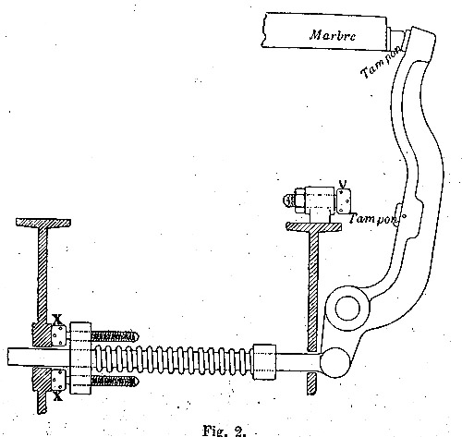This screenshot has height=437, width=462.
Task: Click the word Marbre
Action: (x=333, y=35)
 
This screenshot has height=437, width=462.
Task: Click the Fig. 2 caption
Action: (x=225, y=431)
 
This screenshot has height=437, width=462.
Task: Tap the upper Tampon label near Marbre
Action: (x=381, y=63)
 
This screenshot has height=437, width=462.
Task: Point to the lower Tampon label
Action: (x=373, y=219)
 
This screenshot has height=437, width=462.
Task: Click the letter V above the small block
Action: (x=343, y=184)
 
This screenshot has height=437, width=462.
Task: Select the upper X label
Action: (x=57, y=320)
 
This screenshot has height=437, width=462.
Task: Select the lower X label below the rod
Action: (x=57, y=396)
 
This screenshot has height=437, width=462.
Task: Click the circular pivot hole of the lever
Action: (x=347, y=309)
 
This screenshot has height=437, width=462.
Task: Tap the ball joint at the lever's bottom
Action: (x=334, y=362)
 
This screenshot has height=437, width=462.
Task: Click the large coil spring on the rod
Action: (x=173, y=359)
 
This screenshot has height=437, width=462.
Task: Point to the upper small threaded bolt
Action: (x=115, y=336)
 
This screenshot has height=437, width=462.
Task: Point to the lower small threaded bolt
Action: (x=115, y=382)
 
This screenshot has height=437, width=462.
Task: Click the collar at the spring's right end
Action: (x=264, y=362)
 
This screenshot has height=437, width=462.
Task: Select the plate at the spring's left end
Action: (x=80, y=358)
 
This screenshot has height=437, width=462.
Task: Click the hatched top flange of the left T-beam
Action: (x=43, y=223)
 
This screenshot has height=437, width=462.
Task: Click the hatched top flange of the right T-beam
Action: (x=313, y=226)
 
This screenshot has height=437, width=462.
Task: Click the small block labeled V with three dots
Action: (x=344, y=200)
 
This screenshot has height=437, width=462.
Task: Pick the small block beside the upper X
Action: (x=58, y=335)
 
